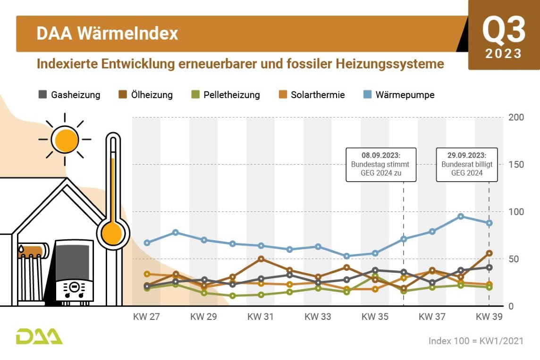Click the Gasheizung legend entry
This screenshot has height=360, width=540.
(69, 95)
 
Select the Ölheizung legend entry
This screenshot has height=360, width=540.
(145, 95)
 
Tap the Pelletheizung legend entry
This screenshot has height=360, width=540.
(226, 95)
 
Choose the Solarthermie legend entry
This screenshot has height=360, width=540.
(312, 95)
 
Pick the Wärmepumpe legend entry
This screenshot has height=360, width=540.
(399, 95)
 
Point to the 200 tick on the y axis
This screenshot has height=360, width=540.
(516, 117)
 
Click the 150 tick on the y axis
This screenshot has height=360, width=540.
(516, 165)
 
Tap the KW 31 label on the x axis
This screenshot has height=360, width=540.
(261, 317)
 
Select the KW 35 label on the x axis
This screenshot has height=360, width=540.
(375, 317)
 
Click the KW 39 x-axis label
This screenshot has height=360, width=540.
(489, 317)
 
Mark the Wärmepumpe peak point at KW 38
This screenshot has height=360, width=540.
(461, 216)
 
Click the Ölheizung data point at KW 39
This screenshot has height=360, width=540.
(489, 253)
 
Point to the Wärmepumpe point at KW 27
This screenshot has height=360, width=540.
(147, 243)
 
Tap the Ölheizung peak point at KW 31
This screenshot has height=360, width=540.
(261, 259)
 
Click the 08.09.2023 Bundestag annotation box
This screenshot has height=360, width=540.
(381, 165)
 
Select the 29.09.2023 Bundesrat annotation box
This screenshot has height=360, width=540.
(467, 165)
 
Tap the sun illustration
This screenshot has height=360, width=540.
(65, 139)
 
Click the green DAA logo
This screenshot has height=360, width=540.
(39, 336)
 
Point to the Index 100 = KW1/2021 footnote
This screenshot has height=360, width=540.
(476, 341)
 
